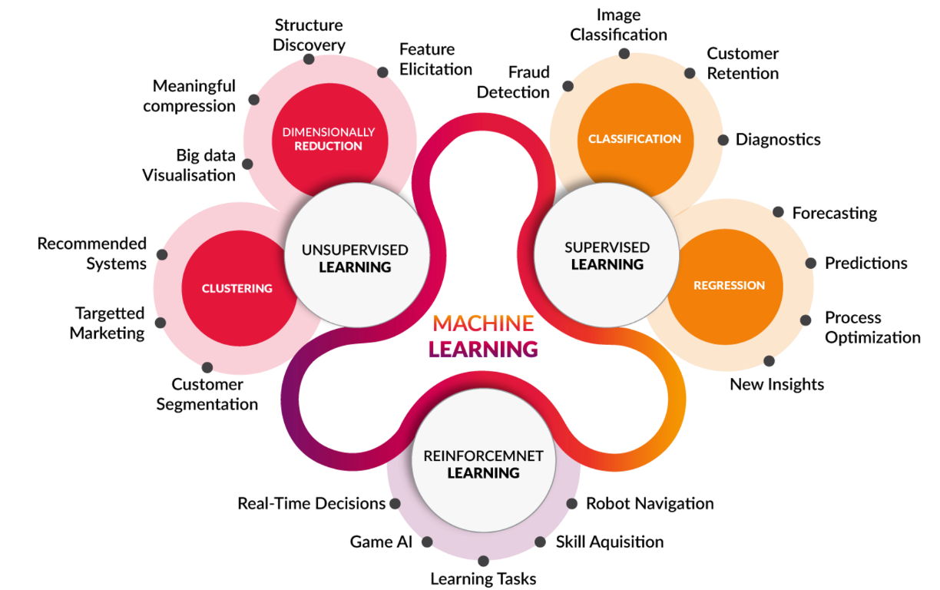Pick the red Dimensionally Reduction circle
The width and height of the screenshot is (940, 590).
point(329,134)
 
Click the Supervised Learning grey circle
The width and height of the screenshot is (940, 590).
point(607,255)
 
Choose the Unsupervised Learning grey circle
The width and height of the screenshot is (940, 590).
point(357,255)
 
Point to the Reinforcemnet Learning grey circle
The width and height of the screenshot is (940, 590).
point(483,461)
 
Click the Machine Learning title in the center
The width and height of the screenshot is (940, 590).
point(483,336)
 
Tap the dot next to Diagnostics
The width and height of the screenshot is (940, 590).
point(723,140)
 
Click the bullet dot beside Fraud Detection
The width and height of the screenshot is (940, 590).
point(568,86)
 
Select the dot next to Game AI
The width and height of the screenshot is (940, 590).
point(427,542)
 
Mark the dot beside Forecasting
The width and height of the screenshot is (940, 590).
point(778,212)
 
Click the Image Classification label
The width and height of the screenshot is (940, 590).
point(618,25)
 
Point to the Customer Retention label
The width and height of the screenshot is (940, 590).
point(743,64)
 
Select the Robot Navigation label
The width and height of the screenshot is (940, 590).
point(650,503)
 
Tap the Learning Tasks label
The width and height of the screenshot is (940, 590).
point(483,578)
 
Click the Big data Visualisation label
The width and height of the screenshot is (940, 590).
point(189,165)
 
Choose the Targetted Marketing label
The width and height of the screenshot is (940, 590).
point(108,323)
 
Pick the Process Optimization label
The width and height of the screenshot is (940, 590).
point(873,327)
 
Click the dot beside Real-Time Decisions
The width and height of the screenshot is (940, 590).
point(395,503)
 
